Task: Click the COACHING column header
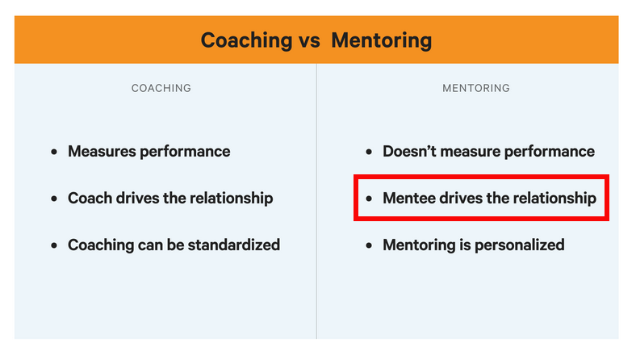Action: point(161,88)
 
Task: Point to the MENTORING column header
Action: point(476,88)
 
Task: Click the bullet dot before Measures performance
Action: point(54,153)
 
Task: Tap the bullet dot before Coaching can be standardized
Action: point(54,245)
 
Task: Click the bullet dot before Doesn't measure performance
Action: point(369,153)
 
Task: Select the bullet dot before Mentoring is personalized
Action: point(369,245)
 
